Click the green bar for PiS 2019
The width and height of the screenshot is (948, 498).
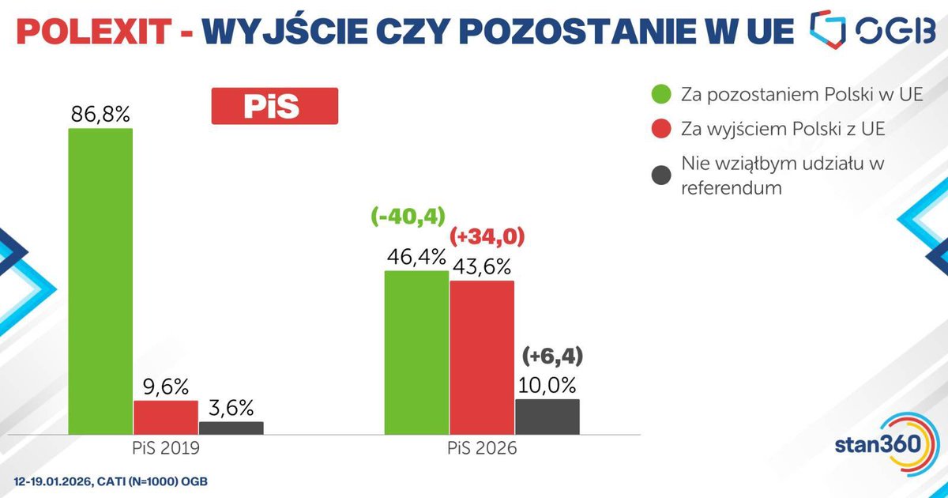click(x=100, y=281)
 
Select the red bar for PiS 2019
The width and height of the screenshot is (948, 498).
click(x=165, y=417)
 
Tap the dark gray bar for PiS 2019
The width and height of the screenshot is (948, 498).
click(x=231, y=428)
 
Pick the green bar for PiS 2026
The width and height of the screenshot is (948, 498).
click(x=416, y=352)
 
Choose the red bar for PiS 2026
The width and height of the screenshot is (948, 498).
click(x=482, y=357)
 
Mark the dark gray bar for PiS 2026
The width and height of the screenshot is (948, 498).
click(x=547, y=416)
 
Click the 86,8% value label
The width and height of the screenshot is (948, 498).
click(x=100, y=115)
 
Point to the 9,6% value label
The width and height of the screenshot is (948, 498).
click(x=165, y=387)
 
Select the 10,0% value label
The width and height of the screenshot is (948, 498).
click(x=548, y=386)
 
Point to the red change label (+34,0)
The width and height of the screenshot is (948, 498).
click(x=487, y=236)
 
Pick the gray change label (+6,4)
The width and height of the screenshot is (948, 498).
click(x=552, y=357)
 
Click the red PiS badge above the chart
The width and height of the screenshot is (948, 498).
click(x=274, y=106)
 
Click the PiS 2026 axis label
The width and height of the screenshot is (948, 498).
click(x=481, y=447)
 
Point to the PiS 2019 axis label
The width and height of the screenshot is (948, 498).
click(x=165, y=447)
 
